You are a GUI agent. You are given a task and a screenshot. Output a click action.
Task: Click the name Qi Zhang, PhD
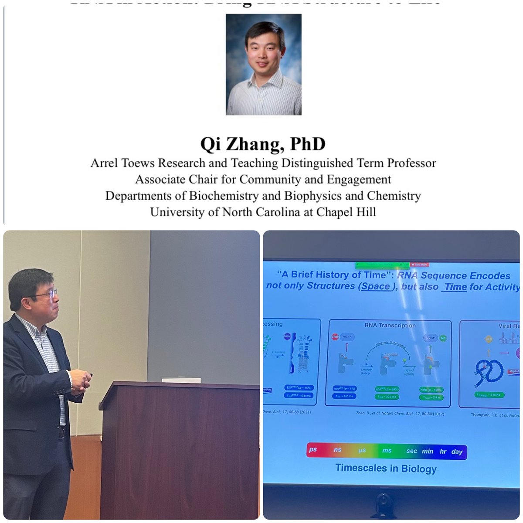[x=263, y=144]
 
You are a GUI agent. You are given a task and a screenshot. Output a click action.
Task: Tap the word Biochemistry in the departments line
[x=225, y=196]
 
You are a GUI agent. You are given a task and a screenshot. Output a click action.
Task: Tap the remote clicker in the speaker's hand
[x=88, y=375]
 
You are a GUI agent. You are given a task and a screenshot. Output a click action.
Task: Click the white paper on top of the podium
[x=178, y=380]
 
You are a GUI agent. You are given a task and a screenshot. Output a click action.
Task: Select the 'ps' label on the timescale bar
[x=312, y=450]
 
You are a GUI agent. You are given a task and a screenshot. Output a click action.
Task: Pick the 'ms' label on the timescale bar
[x=387, y=451]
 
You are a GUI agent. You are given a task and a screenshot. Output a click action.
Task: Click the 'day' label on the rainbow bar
[x=457, y=452]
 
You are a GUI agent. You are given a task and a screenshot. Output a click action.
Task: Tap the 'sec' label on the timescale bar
[x=411, y=451]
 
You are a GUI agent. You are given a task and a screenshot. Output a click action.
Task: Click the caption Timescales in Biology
[x=386, y=469]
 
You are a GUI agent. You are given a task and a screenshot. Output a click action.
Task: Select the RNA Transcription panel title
[x=390, y=325]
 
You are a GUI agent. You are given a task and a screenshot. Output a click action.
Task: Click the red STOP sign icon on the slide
[x=335, y=337]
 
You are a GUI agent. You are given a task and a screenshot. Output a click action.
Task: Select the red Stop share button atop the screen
[x=421, y=264]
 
